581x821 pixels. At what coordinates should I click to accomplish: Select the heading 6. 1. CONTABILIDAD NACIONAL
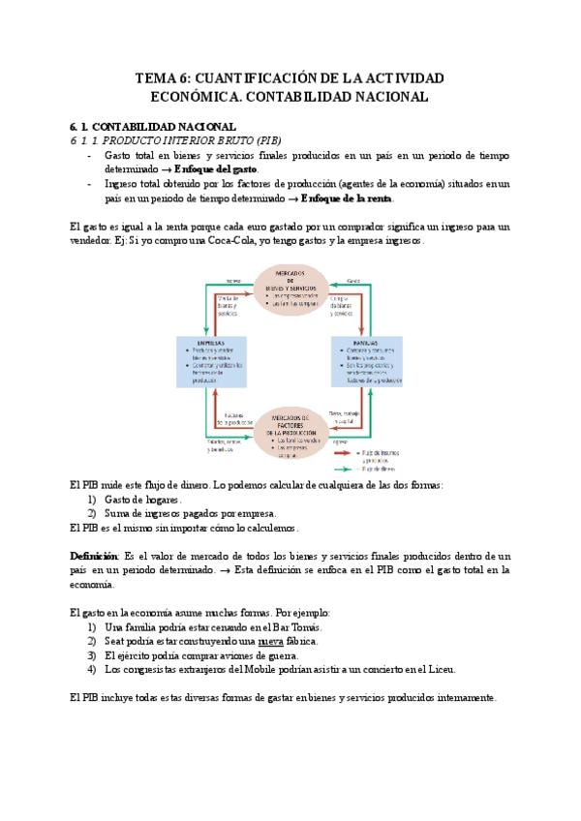[153, 127]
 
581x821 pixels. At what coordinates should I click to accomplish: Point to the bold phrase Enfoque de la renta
[347, 198]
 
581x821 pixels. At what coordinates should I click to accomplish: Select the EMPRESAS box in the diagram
[211, 359]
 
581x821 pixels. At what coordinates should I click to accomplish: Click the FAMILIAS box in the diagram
[367, 360]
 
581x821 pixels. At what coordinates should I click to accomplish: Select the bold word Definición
[93, 557]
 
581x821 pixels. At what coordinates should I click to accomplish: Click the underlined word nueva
[272, 641]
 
